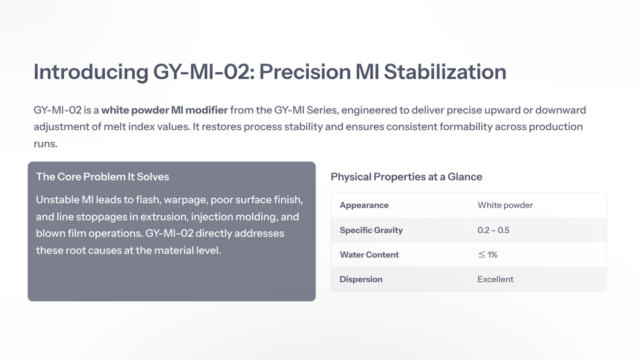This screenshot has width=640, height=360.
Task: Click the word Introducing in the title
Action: pos(91,72)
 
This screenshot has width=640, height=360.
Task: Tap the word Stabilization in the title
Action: pos(445,72)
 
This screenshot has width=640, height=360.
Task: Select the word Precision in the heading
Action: pos(305,72)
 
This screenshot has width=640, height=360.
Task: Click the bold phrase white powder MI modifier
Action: pos(165,110)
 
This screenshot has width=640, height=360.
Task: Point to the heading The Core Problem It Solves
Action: pos(103,177)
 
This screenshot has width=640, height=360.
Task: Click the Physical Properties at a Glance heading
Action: pos(406,177)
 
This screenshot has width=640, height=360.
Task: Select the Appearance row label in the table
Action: pos(364,205)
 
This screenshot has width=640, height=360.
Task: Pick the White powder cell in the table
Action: pos(505,205)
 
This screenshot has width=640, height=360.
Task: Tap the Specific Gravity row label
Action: pos(371,230)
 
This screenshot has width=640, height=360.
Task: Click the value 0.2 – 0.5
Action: pos(493,230)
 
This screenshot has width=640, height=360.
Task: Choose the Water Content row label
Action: pos(369,255)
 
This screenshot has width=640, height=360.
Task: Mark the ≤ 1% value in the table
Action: pos(487,255)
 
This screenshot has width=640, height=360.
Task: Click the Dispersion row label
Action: pos(361,279)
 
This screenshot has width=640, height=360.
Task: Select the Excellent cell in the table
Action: pos(495,279)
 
